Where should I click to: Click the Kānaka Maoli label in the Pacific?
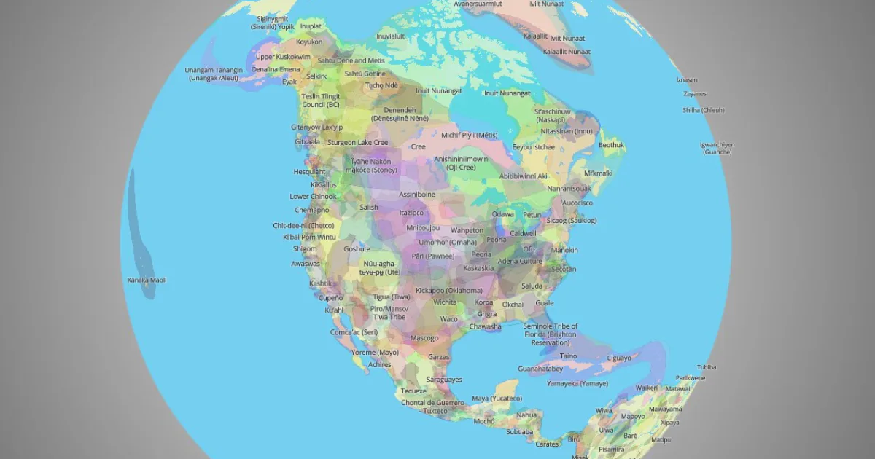coord(147,280)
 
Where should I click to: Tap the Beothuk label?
coord(611,145)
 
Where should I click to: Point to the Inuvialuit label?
coord(390,36)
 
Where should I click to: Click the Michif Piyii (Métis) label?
coord(469,135)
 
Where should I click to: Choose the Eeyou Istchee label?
coord(534,146)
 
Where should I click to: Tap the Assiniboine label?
coord(417,195)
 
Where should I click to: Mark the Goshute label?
coord(357,248)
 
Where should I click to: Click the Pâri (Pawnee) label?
coord(432,256)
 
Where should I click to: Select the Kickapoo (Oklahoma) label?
coord(448,290)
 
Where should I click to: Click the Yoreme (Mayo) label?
coord(375,352)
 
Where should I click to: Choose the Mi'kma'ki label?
coord(599,173)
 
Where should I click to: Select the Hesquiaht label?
coord(309,172)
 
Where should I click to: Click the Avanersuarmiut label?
coord(478,4)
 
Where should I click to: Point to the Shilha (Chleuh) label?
coord(702,109)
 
